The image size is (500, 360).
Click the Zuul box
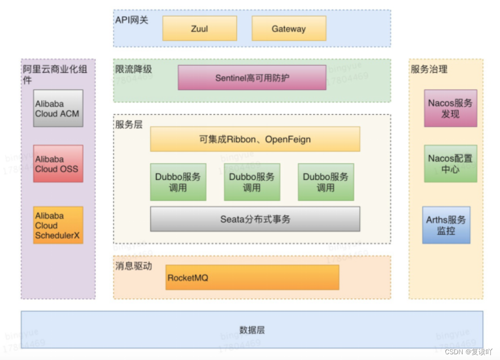point(200,29)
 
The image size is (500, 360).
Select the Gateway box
point(289,29)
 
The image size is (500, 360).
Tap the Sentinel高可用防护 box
point(252,77)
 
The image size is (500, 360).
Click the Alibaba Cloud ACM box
point(58,109)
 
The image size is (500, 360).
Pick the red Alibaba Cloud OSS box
point(58,164)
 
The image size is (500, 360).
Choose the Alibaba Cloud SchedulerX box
point(58,225)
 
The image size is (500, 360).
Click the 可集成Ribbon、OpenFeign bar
point(255,139)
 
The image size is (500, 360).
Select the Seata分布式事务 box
point(255,219)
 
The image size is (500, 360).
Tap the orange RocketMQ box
point(252,278)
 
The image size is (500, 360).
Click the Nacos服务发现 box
point(450,109)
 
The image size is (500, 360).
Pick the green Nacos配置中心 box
point(450,164)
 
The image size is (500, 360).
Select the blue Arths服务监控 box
point(446,225)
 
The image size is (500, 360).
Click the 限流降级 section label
point(133,69)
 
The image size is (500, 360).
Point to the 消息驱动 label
point(133,266)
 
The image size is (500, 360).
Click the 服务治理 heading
point(429,69)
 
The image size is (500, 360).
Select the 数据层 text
point(252,330)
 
